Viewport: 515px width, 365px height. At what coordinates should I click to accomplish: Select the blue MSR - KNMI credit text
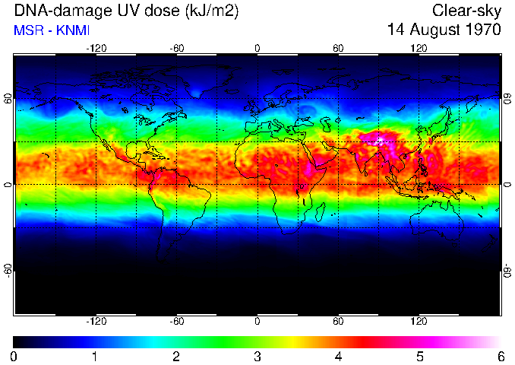pos(52,30)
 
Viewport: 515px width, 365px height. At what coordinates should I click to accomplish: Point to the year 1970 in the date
pos(482,30)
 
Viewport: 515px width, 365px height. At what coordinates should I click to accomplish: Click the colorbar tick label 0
pos(14,356)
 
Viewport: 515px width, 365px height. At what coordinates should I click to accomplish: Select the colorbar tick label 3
pos(257,356)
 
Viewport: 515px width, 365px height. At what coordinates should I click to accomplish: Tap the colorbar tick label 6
pos(501,356)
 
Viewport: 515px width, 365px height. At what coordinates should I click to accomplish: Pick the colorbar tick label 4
pos(339,356)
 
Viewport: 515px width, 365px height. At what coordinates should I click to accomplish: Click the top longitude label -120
pos(96,48)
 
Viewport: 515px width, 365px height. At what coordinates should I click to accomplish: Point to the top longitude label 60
pos(339,48)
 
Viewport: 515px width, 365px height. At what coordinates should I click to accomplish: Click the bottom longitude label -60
pos(177,321)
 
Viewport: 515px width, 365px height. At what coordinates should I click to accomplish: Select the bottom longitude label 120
pos(419,321)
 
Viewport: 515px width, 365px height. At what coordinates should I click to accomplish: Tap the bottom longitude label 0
pos(257,321)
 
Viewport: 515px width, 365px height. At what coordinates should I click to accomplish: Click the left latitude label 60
pos(8,100)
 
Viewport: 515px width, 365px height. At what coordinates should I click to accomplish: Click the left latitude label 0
pos(8,185)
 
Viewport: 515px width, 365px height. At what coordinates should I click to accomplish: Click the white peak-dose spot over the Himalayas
pos(379,139)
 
